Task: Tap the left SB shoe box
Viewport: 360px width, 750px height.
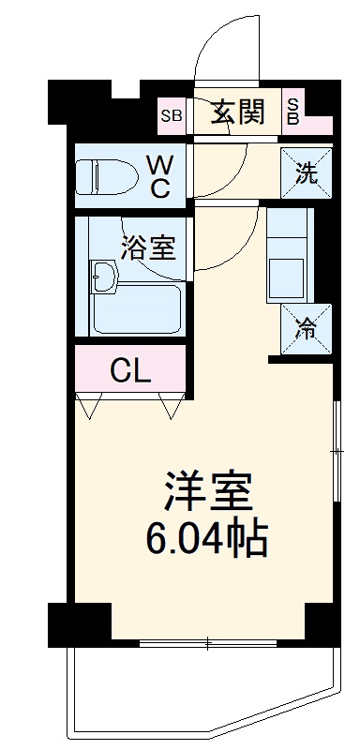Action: [x=172, y=116]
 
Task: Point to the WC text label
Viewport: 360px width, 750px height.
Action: [x=158, y=175]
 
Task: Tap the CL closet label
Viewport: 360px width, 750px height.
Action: [x=130, y=371]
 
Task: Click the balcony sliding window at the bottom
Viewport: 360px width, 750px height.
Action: [x=208, y=642]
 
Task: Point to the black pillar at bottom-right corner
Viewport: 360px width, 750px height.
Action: [x=321, y=625]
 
